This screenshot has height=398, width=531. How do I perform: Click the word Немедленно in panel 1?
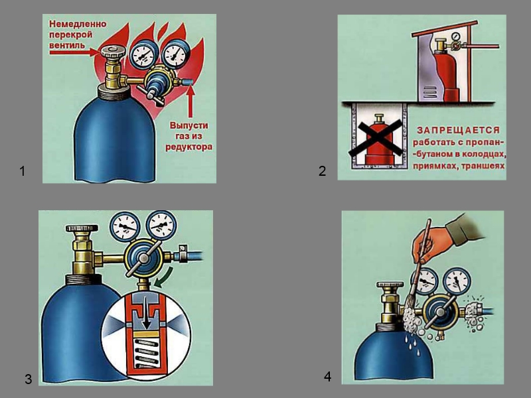coord(78,24)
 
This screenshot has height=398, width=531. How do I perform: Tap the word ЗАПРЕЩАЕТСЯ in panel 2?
coord(458,130)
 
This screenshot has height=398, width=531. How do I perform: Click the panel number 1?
coord(23,171)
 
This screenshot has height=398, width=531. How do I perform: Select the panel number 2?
coord(322,171)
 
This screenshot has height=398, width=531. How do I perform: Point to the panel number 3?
coord(28,379)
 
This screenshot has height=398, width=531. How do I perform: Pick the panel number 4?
coord(327,377)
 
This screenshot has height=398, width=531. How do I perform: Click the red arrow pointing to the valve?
coord(74,52)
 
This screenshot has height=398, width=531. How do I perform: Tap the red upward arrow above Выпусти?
coord(190,101)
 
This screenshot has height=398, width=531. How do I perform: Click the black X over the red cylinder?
coord(376,139)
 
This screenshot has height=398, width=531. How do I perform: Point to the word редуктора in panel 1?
coord(189,147)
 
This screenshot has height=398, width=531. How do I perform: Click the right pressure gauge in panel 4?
coord(457,281)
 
